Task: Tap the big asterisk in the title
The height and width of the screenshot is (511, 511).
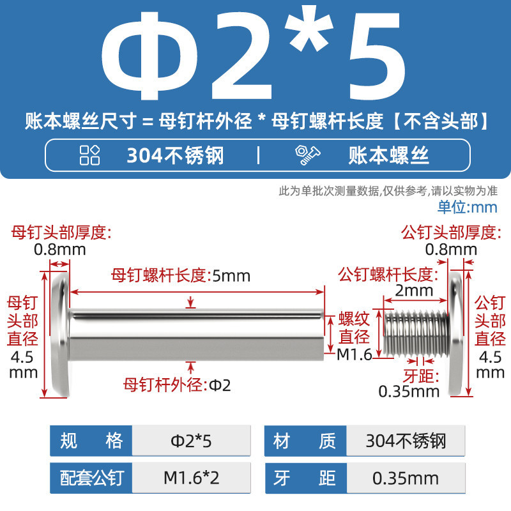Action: [309, 29]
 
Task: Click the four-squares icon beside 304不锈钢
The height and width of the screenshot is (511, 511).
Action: [89, 155]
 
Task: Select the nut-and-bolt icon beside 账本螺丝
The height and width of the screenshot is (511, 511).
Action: [307, 155]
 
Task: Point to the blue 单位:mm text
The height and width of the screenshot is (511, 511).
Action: [467, 207]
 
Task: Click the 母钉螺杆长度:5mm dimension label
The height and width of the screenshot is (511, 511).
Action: [181, 276]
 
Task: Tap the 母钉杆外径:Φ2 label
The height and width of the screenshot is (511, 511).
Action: [177, 385]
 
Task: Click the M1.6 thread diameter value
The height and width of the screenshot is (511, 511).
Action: [355, 355]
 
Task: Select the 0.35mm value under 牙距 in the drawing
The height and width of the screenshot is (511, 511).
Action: [409, 392]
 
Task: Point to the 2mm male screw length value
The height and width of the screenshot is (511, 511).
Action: [414, 291]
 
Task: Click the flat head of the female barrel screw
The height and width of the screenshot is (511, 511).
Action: [61, 335]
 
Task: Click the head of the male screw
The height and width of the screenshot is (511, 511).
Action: [456, 335]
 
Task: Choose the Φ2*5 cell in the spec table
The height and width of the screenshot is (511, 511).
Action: [191, 441]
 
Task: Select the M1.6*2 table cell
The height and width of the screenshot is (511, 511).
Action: [191, 478]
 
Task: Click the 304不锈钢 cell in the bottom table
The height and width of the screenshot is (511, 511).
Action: [406, 441]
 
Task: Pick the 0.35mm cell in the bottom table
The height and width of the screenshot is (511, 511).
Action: [406, 478]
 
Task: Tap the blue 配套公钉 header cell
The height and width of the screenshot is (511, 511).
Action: [91, 478]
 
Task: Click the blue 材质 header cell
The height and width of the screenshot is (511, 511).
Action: [305, 441]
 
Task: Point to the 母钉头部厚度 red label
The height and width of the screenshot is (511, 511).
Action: [61, 233]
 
